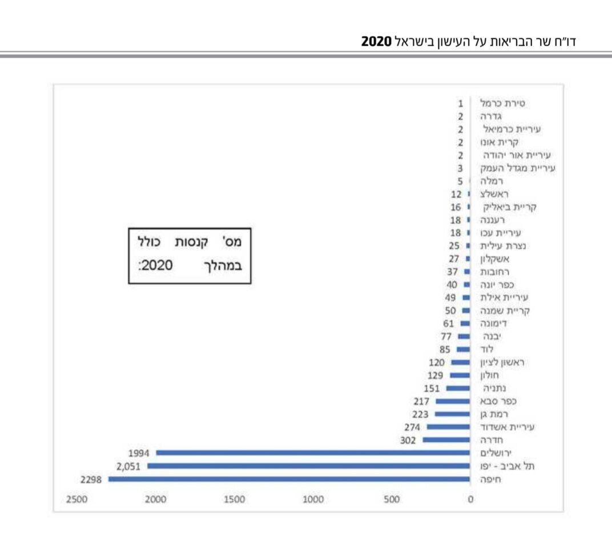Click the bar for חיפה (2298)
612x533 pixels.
click(x=289, y=479)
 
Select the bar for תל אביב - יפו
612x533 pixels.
click(x=308, y=466)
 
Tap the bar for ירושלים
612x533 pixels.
click(x=313, y=453)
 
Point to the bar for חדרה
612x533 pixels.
click(x=446, y=440)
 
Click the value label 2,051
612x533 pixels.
click(x=128, y=466)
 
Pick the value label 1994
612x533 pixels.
click(x=139, y=453)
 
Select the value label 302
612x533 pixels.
click(x=409, y=440)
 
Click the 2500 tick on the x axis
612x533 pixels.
click(x=76, y=500)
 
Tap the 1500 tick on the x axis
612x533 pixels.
click(x=234, y=500)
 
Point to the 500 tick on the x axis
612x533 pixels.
click(x=392, y=500)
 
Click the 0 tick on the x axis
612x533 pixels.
click(x=470, y=500)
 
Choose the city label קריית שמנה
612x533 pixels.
click(x=503, y=311)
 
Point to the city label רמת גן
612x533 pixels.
click(x=496, y=414)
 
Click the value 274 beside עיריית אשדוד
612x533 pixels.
click(x=412, y=427)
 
